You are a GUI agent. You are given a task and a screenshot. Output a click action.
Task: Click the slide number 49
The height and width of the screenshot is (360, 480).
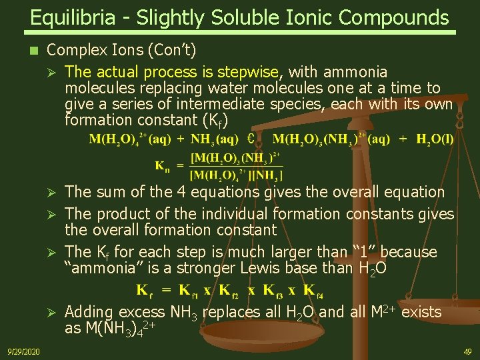(x=467, y=351)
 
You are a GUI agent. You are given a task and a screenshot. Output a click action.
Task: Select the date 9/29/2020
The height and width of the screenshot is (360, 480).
(x=23, y=351)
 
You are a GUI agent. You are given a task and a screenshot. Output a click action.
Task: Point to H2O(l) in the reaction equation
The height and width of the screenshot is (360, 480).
(x=435, y=139)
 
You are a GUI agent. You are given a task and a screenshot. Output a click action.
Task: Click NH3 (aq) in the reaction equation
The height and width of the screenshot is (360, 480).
(x=214, y=139)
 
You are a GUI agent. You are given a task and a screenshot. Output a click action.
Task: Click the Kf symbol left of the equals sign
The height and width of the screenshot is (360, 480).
(x=144, y=290)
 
